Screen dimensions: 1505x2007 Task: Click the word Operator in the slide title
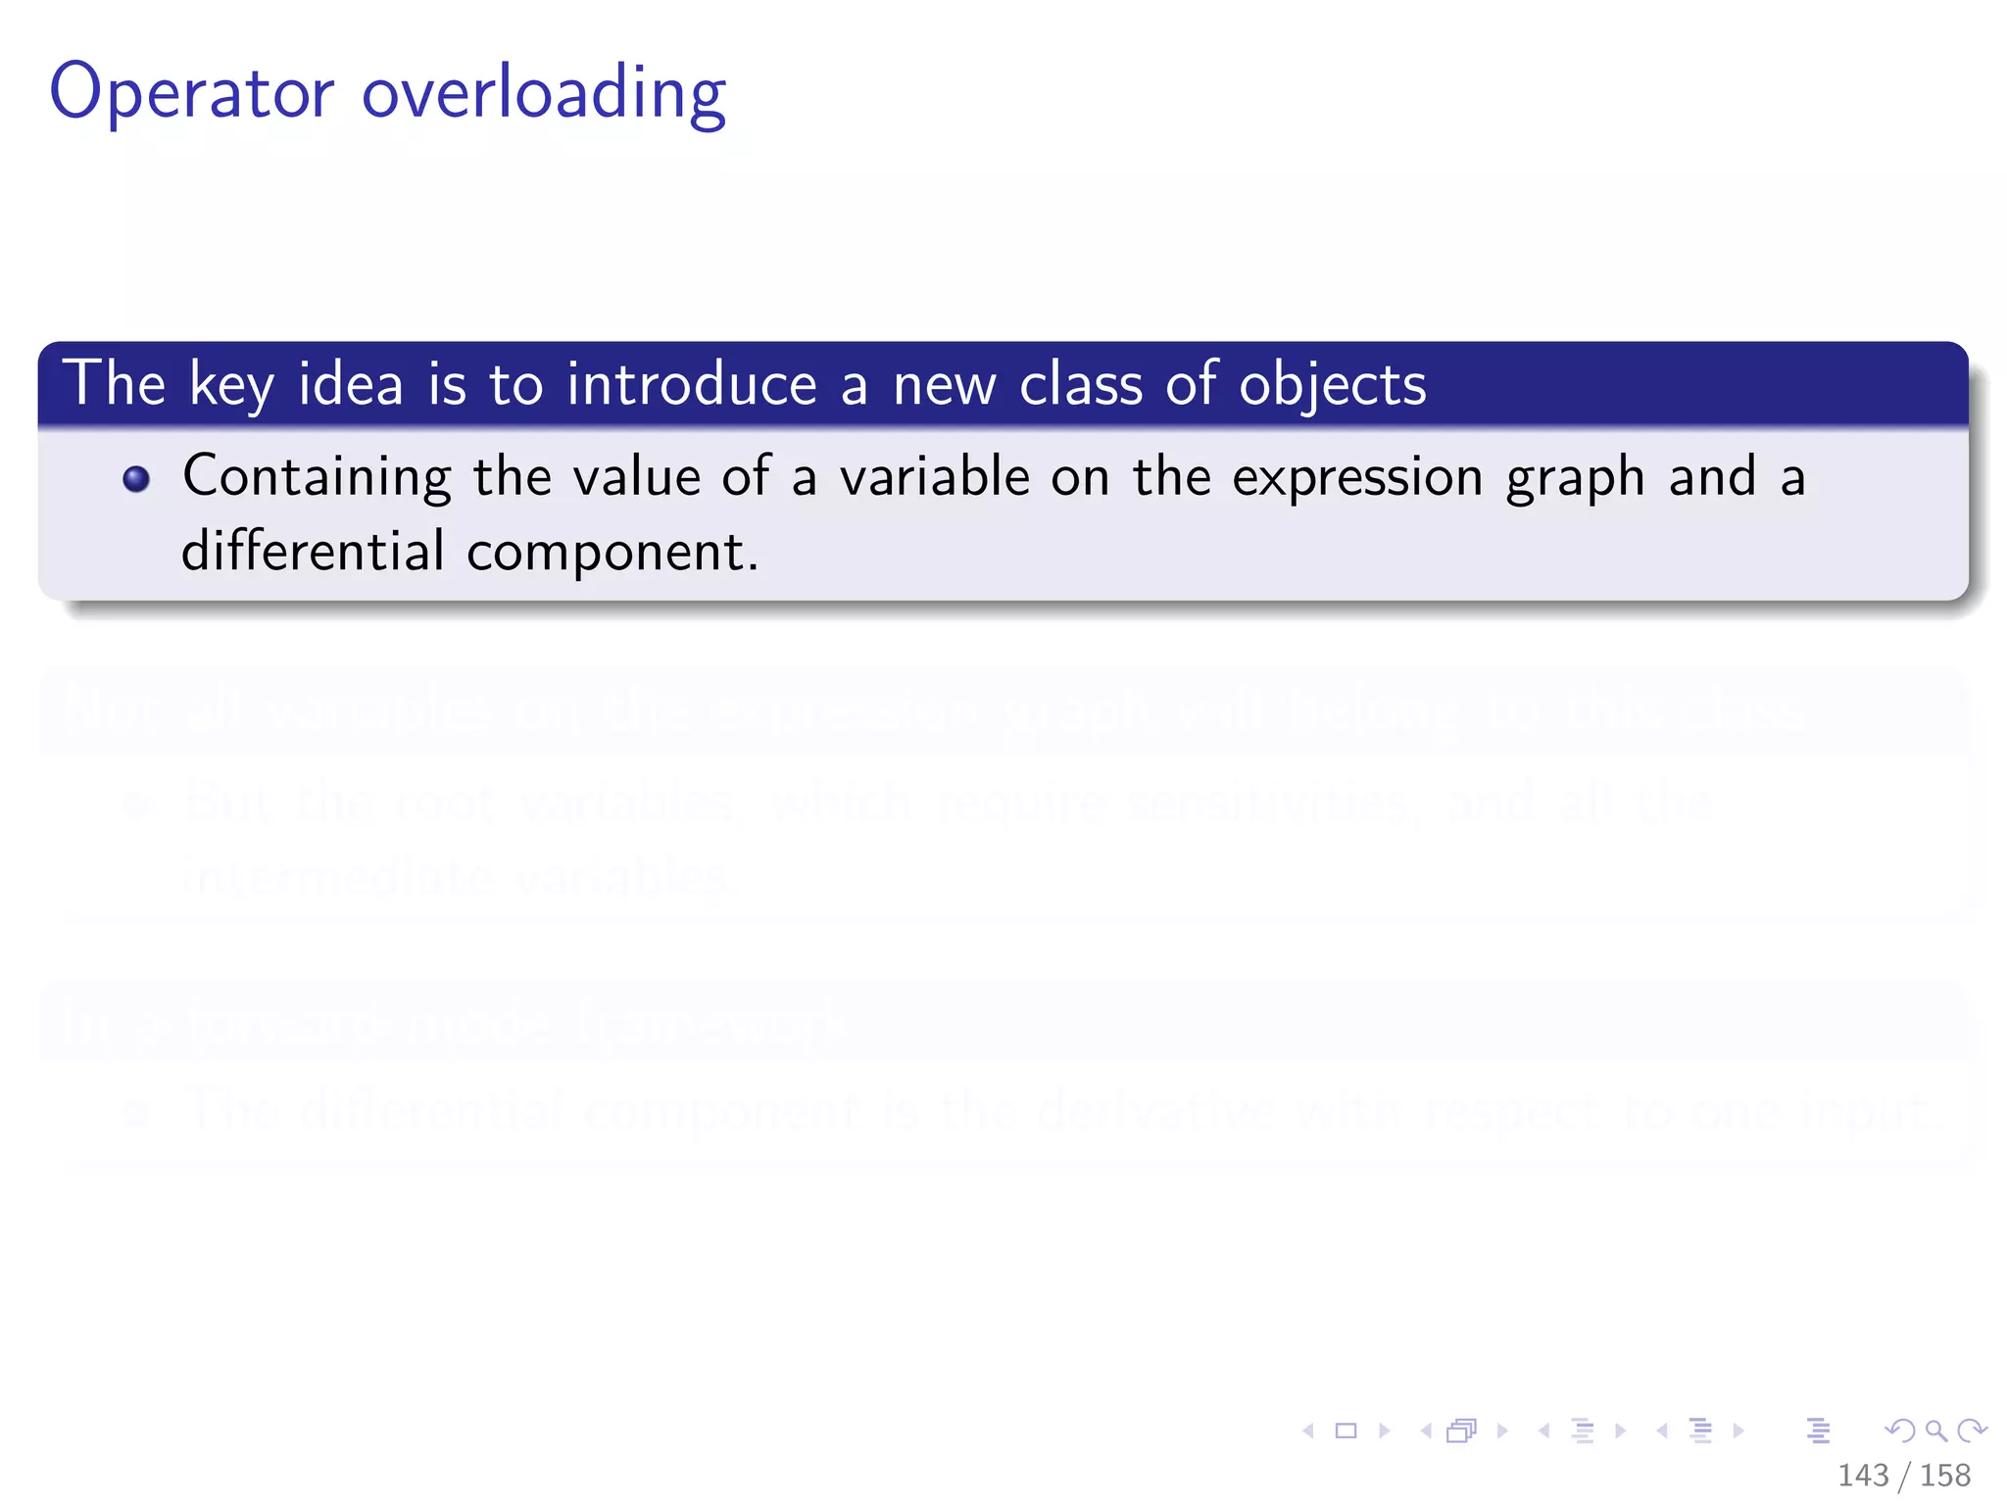192,93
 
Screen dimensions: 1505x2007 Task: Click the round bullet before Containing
136,478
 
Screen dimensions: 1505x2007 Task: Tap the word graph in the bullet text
1575,480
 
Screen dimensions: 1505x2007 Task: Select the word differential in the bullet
314,551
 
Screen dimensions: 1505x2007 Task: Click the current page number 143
1863,1475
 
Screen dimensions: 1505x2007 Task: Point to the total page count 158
1945,1475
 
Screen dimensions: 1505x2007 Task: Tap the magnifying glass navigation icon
1935,1431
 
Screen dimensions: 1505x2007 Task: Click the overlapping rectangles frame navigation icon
1461,1431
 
